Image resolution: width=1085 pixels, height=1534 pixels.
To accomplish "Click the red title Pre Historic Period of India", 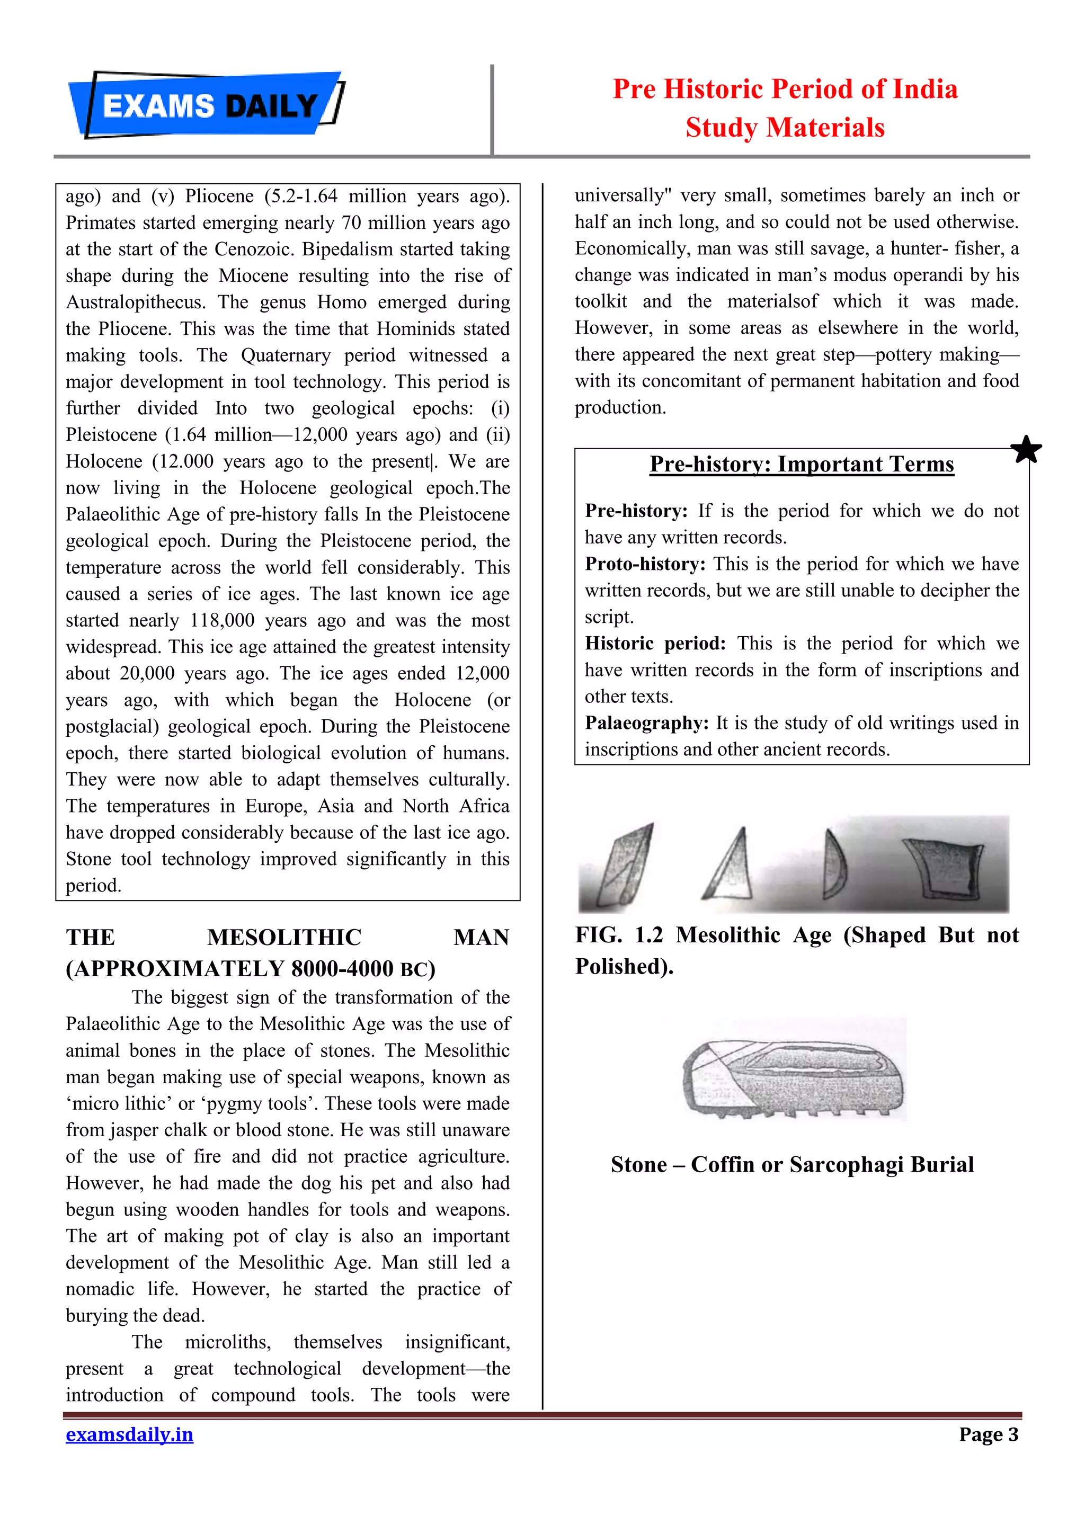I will pos(785,89).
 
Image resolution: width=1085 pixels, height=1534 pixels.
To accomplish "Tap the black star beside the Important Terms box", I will pos(1026,449).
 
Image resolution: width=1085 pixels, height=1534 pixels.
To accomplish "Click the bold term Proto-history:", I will pos(645,564).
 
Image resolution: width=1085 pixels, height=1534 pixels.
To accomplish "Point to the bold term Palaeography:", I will pos(646,723).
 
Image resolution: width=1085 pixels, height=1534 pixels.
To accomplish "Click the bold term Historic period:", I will pos(655,644).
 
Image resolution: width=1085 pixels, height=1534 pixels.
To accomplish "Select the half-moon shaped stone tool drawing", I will pos(834,864).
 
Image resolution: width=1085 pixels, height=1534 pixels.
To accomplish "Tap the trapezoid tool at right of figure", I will pos(942,867).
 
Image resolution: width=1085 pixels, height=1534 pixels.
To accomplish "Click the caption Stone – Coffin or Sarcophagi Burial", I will pos(791,1164).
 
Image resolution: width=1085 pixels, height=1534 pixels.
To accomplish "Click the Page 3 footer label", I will pos(988,1434).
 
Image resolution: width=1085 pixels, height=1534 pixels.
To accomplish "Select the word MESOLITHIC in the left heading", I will pos(284,938).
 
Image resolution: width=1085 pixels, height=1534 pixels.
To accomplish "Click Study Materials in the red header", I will pos(785,128).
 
